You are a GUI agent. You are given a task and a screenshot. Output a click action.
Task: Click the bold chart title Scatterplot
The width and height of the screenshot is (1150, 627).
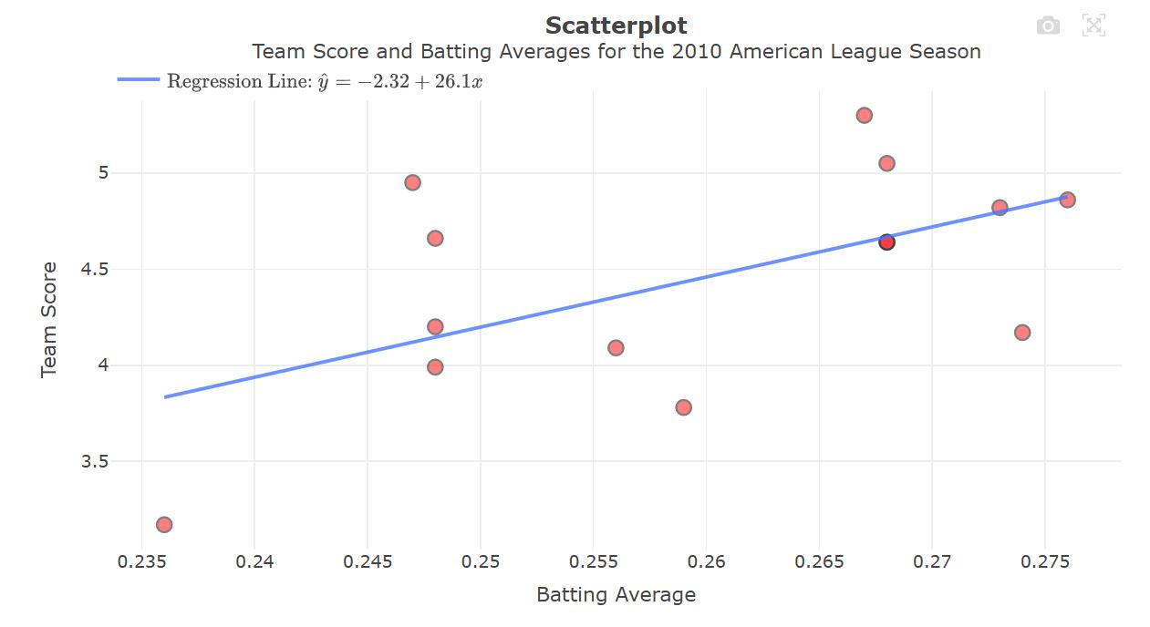(616, 26)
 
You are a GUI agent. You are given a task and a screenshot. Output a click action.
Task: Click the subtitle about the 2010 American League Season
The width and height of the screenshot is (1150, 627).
(616, 52)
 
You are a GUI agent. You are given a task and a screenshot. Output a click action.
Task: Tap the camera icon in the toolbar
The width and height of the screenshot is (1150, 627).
(1048, 26)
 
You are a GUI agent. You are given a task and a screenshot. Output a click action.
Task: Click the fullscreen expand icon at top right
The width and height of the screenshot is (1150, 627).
(1093, 26)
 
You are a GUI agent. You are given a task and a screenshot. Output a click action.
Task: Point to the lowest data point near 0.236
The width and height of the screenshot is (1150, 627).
(164, 524)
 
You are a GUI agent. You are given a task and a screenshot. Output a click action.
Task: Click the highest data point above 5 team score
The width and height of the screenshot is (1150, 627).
(864, 116)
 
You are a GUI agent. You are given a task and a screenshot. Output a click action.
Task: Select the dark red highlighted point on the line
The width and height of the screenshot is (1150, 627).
(886, 242)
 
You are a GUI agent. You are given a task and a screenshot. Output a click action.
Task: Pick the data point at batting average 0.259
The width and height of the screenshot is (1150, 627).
(683, 407)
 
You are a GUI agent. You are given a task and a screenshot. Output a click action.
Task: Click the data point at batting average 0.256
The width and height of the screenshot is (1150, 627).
(616, 347)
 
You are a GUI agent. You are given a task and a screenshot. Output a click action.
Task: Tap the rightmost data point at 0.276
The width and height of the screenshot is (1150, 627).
(1067, 200)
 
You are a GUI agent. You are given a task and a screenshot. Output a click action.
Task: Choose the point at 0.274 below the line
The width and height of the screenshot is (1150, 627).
(1022, 333)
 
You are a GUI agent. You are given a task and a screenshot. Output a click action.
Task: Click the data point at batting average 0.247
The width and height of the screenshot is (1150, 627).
(412, 182)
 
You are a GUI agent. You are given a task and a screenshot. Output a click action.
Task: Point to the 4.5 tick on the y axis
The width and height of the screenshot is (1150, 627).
(95, 270)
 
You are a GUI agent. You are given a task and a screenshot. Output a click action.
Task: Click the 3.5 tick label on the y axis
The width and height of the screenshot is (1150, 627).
(95, 462)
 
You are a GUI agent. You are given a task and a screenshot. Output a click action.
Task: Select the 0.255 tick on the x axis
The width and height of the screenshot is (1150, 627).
(593, 561)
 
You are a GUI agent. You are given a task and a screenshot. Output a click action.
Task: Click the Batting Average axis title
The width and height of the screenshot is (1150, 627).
(616, 595)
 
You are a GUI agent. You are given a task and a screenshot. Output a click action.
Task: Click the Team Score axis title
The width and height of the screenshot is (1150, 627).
(49, 319)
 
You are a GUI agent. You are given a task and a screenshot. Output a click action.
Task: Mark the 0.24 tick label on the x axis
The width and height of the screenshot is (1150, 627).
(254, 561)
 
